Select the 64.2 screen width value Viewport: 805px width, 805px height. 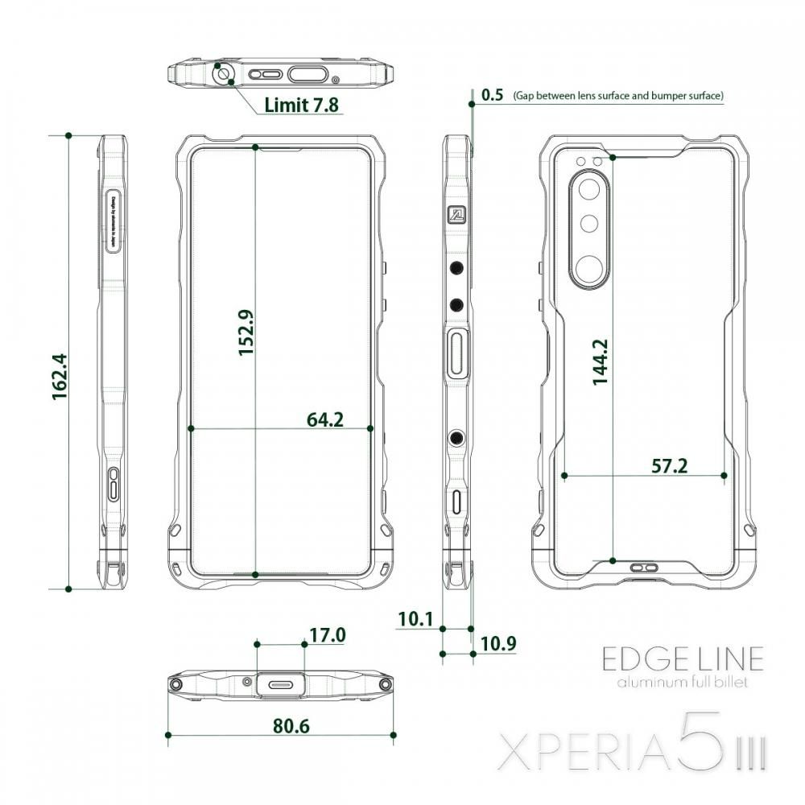coord(325,419)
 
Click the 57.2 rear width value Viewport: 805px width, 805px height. coord(670,466)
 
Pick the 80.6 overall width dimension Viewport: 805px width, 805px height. coord(291,725)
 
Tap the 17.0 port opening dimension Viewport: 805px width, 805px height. coord(328,635)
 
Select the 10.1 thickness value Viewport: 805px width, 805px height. coord(415,619)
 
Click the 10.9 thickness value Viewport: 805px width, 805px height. coord(497,644)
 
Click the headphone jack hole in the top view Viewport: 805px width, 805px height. coord(223,76)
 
